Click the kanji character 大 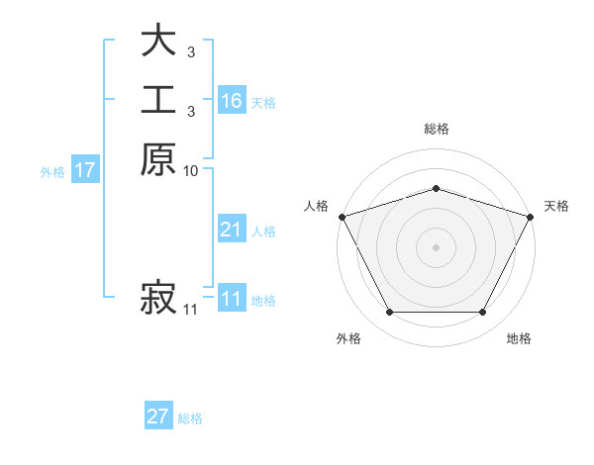click(x=158, y=43)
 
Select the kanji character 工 click(x=158, y=101)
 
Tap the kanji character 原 click(x=158, y=159)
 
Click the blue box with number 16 click(x=231, y=101)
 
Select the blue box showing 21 click(x=231, y=231)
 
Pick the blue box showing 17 click(x=84, y=170)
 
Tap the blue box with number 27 click(x=158, y=417)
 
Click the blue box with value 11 click(x=231, y=300)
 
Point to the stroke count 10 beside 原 click(x=190, y=171)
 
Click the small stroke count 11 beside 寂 click(x=190, y=310)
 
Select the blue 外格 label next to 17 click(x=52, y=171)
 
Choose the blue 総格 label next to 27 click(x=191, y=418)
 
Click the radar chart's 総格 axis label click(x=436, y=129)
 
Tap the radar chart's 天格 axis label click(x=556, y=206)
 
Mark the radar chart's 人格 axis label click(x=316, y=206)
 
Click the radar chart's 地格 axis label click(x=519, y=338)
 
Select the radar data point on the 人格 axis click(x=342, y=217)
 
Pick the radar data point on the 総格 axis click(x=436, y=188)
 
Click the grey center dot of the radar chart click(x=436, y=246)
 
